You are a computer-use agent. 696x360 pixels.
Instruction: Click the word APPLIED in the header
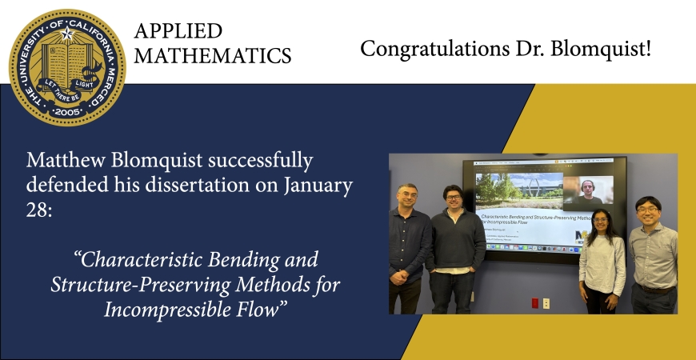click(178, 31)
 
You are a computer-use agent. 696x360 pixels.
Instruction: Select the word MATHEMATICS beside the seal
click(213, 55)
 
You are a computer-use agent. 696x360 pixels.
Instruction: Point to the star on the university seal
click(67, 32)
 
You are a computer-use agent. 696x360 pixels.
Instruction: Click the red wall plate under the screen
click(534, 302)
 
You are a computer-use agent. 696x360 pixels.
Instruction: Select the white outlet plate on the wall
click(546, 302)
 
